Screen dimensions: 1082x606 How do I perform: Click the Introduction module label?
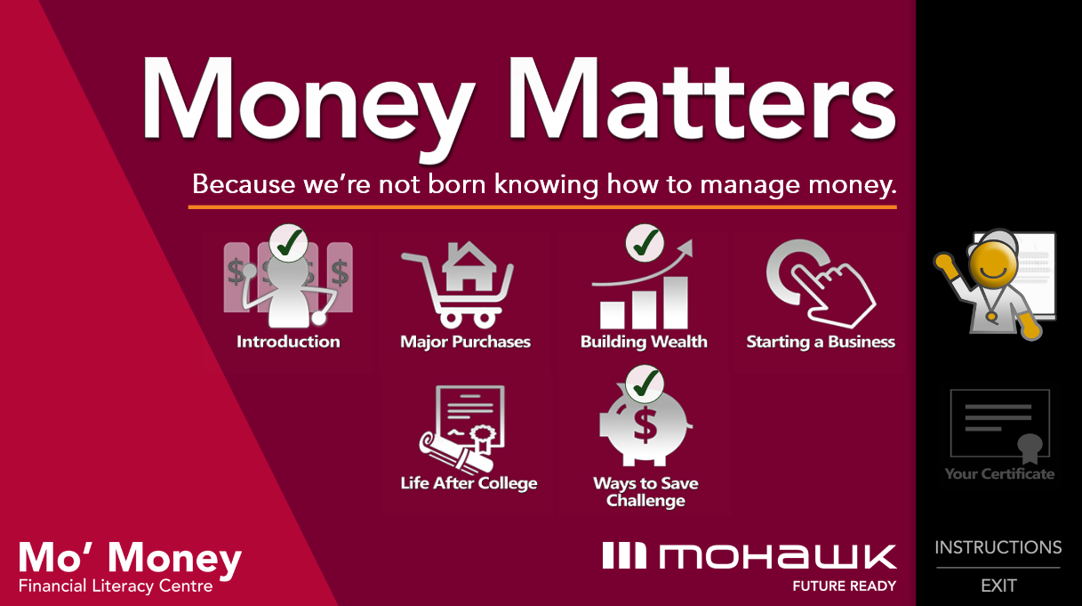(288, 342)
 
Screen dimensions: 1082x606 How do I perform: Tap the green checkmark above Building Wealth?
(645, 243)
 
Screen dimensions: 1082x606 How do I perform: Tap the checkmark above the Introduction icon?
(288, 243)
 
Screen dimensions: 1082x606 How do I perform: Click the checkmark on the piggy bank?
(645, 384)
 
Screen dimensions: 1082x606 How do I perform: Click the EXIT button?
(998, 586)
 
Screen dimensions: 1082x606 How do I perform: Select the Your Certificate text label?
(999, 473)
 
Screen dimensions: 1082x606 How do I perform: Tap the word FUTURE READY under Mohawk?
(845, 586)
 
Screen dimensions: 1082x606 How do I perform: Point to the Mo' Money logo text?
(131, 558)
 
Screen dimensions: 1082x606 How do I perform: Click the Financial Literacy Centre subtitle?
(116, 586)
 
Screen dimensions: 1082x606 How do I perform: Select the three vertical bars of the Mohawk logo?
(624, 555)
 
